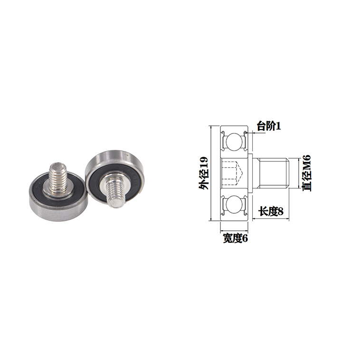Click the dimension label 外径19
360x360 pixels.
(x=204, y=173)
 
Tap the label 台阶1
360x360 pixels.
(x=269, y=126)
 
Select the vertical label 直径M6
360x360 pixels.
(x=306, y=173)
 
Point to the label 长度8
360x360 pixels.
(x=271, y=211)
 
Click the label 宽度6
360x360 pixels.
(x=236, y=238)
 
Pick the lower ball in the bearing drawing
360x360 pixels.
(x=234, y=204)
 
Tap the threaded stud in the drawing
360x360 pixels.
(x=272, y=173)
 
